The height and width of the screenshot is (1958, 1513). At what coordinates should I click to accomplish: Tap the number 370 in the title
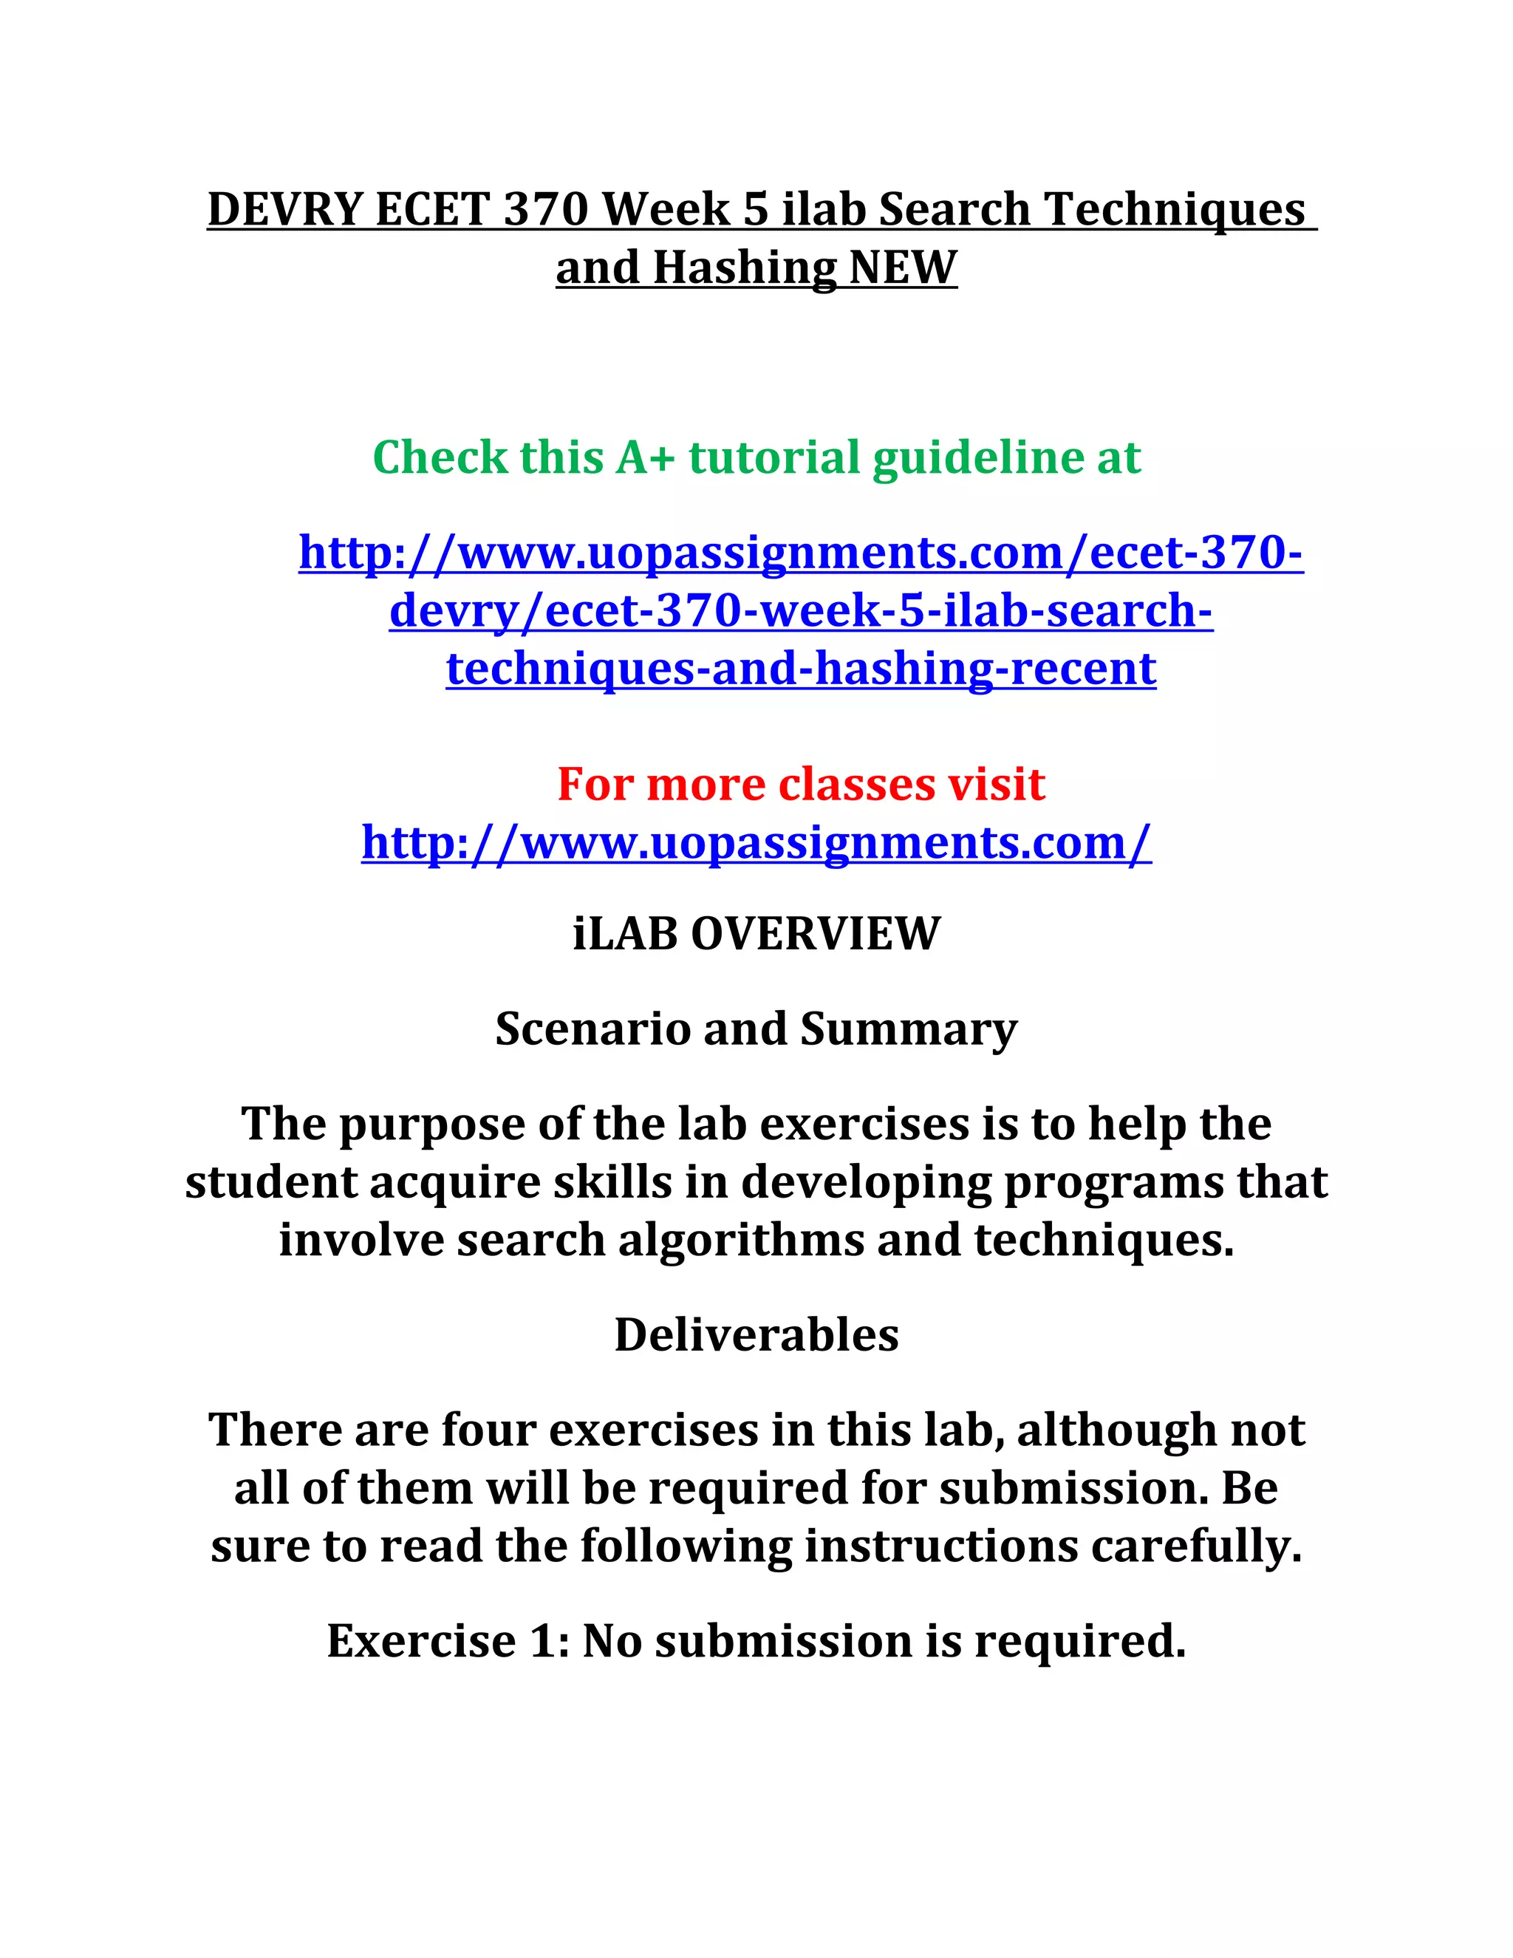545,210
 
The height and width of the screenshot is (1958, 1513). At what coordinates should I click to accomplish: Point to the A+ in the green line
643,457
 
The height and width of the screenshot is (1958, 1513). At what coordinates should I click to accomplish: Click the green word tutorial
773,457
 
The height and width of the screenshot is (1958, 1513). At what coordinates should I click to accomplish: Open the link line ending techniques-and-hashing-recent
800,669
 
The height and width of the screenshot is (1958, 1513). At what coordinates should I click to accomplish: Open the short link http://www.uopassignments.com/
756,843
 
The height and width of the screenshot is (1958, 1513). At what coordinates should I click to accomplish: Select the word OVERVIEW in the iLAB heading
816,933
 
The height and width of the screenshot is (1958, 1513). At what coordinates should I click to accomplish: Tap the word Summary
908,1029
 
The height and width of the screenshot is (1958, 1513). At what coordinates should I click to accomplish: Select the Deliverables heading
756,1335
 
